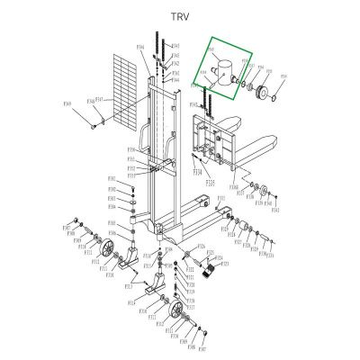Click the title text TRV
[179, 16]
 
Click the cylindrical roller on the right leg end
[241, 225]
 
